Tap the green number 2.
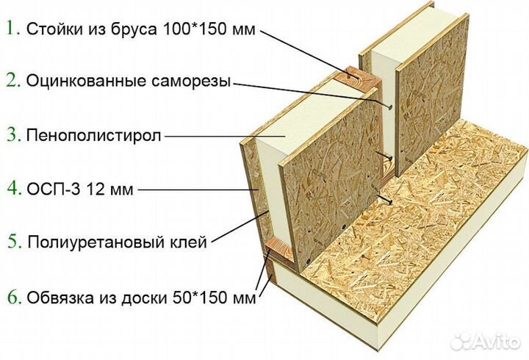[x=12, y=81]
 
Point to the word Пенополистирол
[x=94, y=136]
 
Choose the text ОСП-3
[x=54, y=190]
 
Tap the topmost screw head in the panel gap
[x=390, y=107]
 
